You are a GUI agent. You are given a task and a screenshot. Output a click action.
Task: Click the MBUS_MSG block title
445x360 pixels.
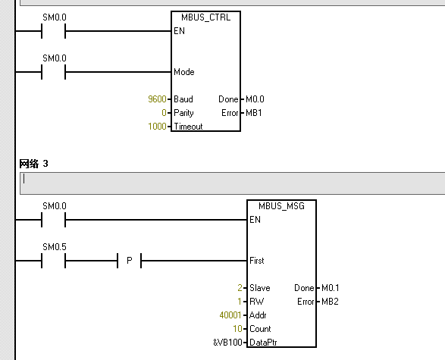point(280,205)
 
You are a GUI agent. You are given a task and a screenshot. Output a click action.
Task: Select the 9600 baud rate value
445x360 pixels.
point(158,99)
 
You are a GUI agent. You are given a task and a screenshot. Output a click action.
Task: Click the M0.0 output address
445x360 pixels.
point(255,99)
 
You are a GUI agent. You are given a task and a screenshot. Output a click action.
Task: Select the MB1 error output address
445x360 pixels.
point(252,113)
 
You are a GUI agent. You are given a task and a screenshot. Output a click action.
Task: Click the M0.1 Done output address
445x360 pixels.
point(330,288)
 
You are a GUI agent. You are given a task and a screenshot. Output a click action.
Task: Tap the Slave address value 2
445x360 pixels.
point(239,288)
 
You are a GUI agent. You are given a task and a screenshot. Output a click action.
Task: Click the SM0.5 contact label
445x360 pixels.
point(54,246)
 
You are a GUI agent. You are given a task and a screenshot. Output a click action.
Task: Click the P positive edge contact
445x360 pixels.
point(129,261)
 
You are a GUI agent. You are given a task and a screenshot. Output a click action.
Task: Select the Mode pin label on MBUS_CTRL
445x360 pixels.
point(183,72)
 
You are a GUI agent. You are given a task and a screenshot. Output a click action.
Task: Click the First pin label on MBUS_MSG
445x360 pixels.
point(257,261)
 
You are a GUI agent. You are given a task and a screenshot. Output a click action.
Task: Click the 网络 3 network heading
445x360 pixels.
point(33,163)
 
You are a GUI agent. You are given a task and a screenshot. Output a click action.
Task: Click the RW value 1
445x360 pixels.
point(239,302)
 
